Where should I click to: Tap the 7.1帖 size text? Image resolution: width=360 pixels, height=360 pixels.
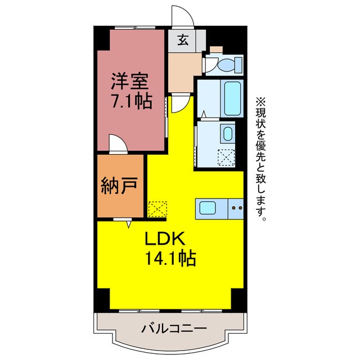130,102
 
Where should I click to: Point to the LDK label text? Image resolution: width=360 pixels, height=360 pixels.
163,239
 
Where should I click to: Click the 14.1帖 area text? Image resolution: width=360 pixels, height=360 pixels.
170,258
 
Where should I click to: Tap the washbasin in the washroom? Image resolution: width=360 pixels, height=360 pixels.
227,134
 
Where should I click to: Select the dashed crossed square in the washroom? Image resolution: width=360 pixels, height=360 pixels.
228,156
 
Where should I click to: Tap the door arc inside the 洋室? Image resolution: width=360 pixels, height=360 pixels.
116,143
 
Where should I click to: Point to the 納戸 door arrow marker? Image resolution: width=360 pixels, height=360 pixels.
129,223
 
